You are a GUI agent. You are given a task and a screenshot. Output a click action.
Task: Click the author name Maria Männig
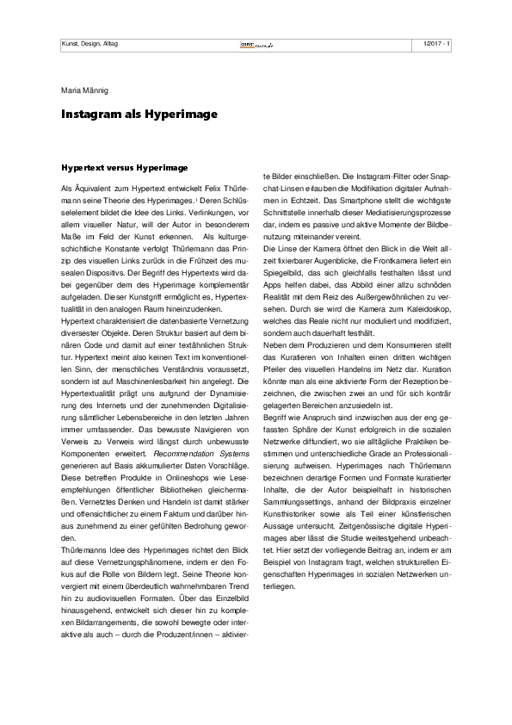83,90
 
